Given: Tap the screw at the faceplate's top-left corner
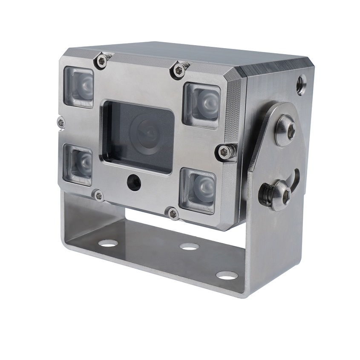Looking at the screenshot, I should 102,61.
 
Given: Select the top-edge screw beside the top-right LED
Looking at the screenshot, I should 179,70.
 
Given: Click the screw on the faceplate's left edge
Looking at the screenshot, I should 61,123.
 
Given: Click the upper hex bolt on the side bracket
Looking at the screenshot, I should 285,131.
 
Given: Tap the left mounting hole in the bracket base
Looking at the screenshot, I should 108,243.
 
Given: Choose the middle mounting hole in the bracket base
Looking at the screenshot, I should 189,246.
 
